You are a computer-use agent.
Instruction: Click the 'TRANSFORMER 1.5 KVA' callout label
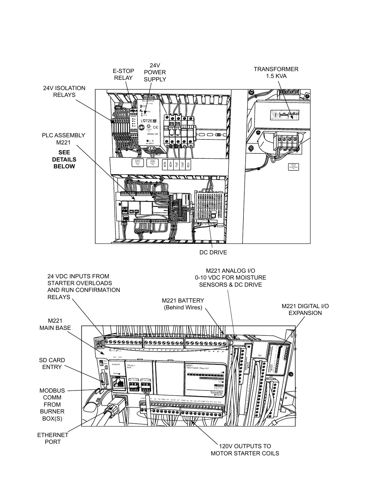pyautogui.click(x=276, y=73)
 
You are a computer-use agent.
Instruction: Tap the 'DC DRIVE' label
pyautogui.click(x=213, y=253)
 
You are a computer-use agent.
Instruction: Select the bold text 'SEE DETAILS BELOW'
pyautogui.click(x=64, y=159)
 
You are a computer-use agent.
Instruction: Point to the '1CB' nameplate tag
pyautogui.click(x=188, y=164)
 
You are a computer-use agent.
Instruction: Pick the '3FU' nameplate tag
pyautogui.click(x=176, y=164)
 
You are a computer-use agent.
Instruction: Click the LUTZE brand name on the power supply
pyautogui.click(x=149, y=121)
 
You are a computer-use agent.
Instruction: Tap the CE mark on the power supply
pyautogui.click(x=156, y=127)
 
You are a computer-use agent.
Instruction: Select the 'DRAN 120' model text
pyautogui.click(x=152, y=134)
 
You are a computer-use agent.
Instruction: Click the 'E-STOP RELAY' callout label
pyautogui.click(x=123, y=75)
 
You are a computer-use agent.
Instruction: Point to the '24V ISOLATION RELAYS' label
pyautogui.click(x=64, y=92)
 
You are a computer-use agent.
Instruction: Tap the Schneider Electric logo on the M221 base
pyautogui.click(x=217, y=393)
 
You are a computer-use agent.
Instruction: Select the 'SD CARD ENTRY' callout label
pyautogui.click(x=52, y=363)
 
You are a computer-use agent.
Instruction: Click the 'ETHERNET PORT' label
pyautogui.click(x=53, y=438)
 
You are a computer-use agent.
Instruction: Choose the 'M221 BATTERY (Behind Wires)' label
pyautogui.click(x=183, y=304)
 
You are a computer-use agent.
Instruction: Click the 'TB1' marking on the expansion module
pyautogui.click(x=260, y=356)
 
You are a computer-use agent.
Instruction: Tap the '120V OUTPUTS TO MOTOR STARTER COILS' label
pyautogui.click(x=245, y=450)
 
